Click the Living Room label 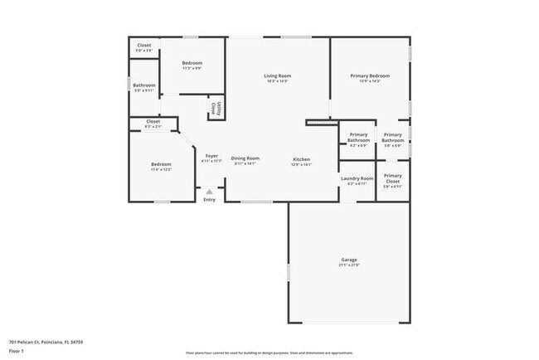click(278, 75)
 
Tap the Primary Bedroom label click(370, 75)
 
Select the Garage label click(348, 260)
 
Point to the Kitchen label click(301, 158)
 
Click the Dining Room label click(245, 158)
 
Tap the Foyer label click(211, 155)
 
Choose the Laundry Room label click(357, 178)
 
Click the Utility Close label click(215, 107)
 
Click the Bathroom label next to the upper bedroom click(143, 85)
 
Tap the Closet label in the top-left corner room click(143, 45)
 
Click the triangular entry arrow click(209, 191)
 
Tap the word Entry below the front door click(209, 199)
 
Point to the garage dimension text click(348, 265)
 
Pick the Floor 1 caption click(17, 351)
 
